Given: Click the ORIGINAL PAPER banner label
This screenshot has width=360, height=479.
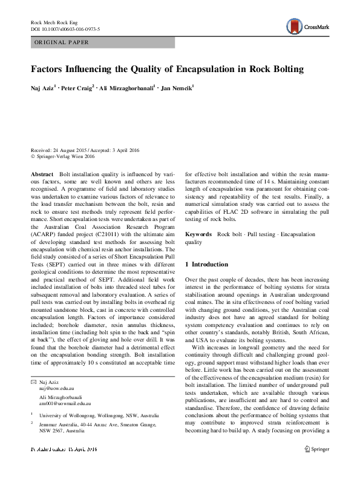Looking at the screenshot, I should [61, 42].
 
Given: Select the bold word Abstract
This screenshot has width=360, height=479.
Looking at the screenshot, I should [42, 173].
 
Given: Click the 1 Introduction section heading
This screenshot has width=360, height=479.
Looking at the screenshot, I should [206, 265].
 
